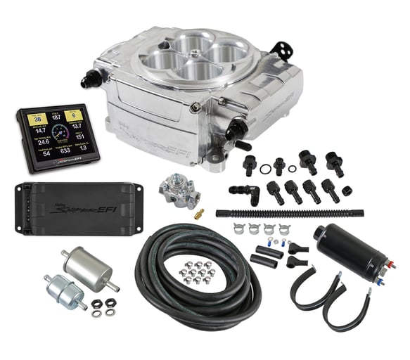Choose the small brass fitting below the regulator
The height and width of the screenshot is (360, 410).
click(x=199, y=210)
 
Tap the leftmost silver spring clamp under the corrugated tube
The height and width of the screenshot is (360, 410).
click(x=241, y=229)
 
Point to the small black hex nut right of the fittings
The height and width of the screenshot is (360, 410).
click(x=347, y=190)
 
